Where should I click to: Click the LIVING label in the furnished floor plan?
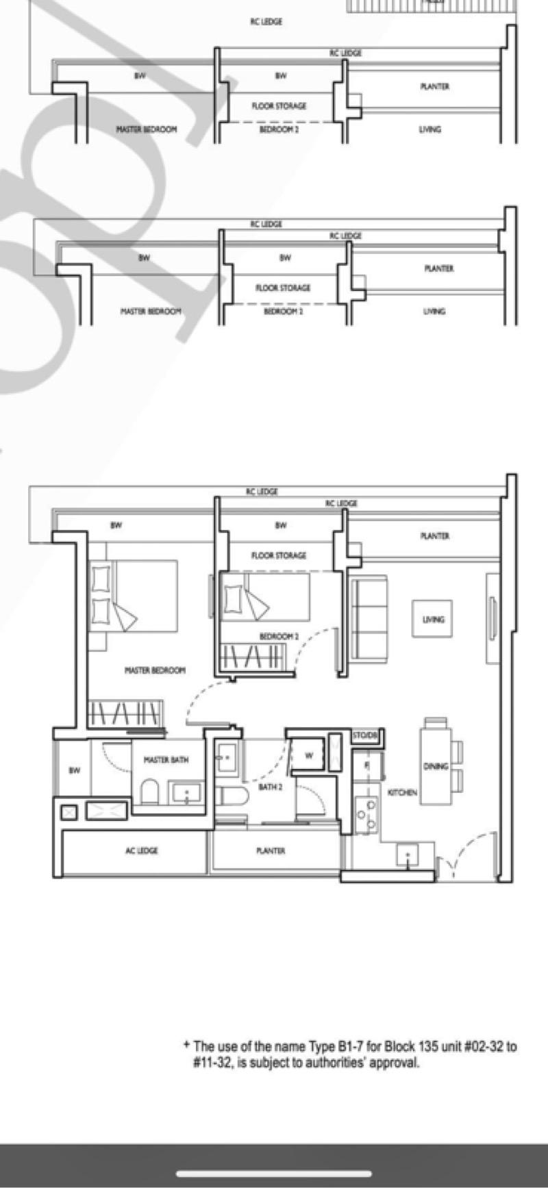click(433, 620)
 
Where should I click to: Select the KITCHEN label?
click(402, 792)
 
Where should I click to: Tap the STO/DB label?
click(364, 735)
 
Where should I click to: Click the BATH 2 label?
click(270, 787)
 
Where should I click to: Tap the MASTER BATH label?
click(166, 760)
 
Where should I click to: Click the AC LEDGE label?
click(141, 850)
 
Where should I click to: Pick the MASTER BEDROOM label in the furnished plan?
click(155, 670)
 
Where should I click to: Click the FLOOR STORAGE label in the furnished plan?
click(279, 555)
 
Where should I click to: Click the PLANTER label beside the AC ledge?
click(271, 850)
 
